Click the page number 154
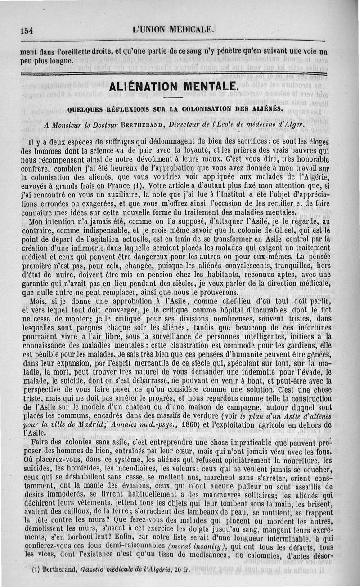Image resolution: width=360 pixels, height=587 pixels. tap(27, 31)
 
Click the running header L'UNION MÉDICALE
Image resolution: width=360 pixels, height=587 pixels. tap(173, 30)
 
